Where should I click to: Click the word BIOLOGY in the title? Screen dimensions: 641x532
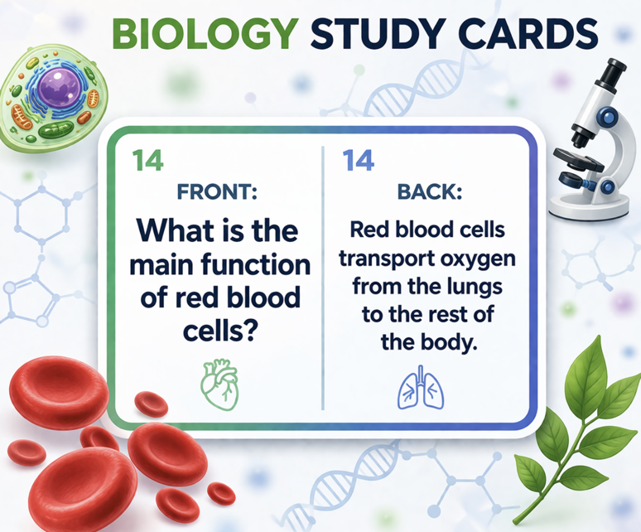point(205,33)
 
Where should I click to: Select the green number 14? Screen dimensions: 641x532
point(148,160)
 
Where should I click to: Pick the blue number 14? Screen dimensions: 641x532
point(359,160)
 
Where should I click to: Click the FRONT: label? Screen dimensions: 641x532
point(217,191)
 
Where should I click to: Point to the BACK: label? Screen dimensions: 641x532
point(430,191)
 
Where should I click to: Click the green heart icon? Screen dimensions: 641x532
point(220,384)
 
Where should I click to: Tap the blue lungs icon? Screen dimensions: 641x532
point(421,387)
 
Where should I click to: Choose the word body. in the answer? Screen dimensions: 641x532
point(449,342)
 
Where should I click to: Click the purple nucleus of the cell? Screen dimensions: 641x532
point(60,88)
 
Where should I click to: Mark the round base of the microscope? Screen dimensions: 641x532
point(589,206)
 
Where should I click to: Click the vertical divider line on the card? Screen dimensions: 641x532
point(323,278)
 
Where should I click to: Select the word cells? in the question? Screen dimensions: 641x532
point(220,331)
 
